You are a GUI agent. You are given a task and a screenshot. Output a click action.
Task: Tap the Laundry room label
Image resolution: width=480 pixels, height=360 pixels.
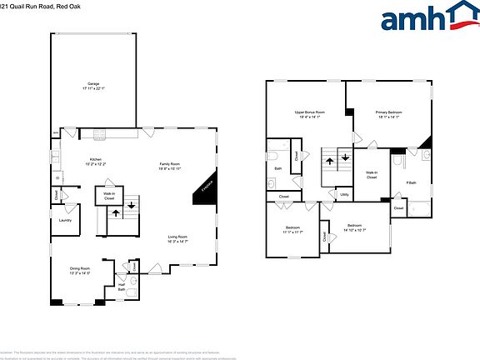[x=64, y=221]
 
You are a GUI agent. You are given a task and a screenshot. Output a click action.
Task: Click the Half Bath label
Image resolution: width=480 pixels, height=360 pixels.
[x=122, y=287]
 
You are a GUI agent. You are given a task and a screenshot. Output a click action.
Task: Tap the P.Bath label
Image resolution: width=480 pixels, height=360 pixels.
[x=411, y=183]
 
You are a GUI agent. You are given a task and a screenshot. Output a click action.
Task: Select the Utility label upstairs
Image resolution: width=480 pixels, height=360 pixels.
[x=344, y=194]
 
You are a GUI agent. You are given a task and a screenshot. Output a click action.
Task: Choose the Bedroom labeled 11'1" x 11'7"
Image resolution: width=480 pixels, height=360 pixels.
[x=293, y=228]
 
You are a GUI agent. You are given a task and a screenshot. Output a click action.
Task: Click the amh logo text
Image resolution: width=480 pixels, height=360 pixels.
[x=412, y=18]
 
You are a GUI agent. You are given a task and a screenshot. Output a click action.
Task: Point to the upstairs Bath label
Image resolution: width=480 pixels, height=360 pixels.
[x=278, y=169]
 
